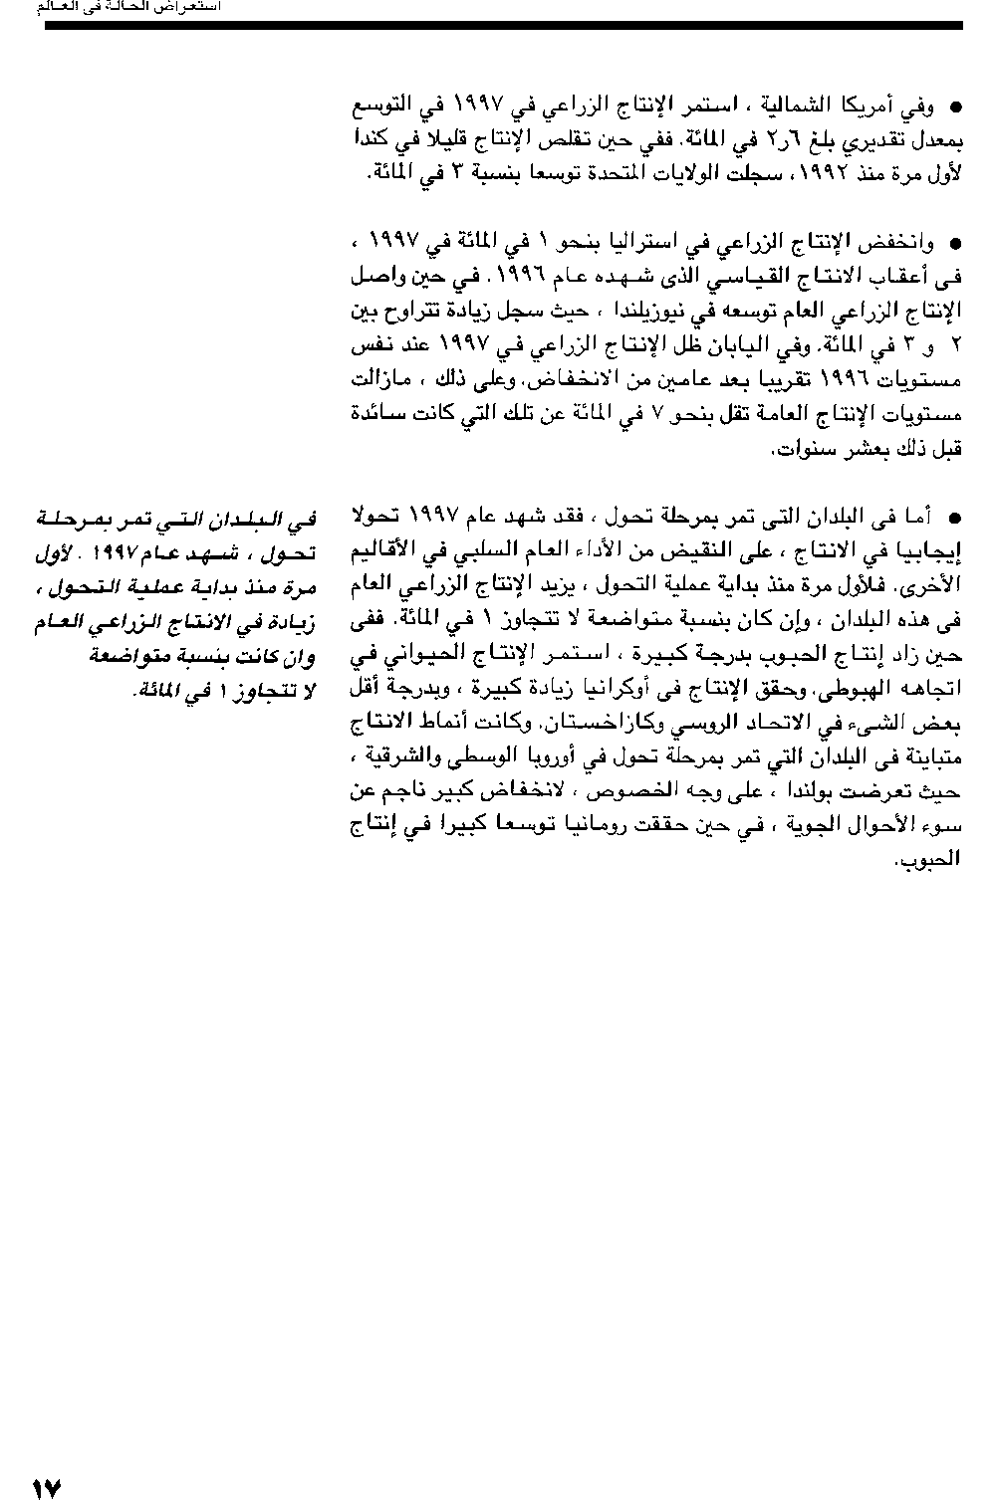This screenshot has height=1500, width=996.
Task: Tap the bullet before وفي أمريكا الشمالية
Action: [x=953, y=106]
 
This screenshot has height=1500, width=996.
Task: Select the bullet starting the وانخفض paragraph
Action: [x=953, y=243]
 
